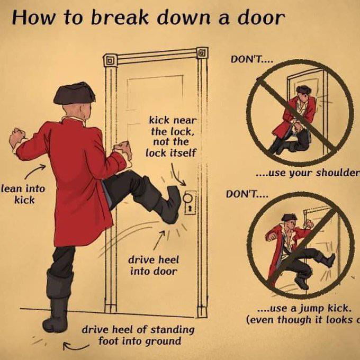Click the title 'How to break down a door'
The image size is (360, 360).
(148, 18)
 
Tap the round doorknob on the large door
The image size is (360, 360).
(188, 199)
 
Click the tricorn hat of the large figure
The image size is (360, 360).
(74, 93)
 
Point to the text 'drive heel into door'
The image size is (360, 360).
(153, 265)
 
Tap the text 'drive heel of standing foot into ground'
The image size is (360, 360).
(138, 335)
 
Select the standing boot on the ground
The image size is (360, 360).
(57, 313)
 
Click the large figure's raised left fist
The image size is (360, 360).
(17, 137)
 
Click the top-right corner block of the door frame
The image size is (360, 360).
(202, 52)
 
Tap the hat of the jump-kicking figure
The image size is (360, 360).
(289, 218)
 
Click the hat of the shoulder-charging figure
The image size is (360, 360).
(303, 89)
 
